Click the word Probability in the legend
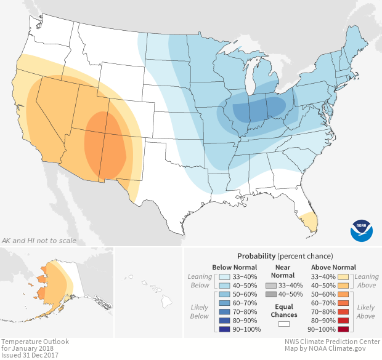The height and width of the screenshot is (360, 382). [x=255, y=256]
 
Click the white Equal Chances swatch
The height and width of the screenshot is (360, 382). [x=283, y=323]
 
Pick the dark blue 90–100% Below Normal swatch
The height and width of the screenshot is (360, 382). [x=224, y=329]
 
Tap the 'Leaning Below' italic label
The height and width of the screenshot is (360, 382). [x=200, y=281]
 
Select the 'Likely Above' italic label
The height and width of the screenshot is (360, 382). [x=365, y=311]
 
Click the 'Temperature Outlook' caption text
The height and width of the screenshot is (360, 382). [x=35, y=342]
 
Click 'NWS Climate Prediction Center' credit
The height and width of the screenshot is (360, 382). [x=333, y=342]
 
